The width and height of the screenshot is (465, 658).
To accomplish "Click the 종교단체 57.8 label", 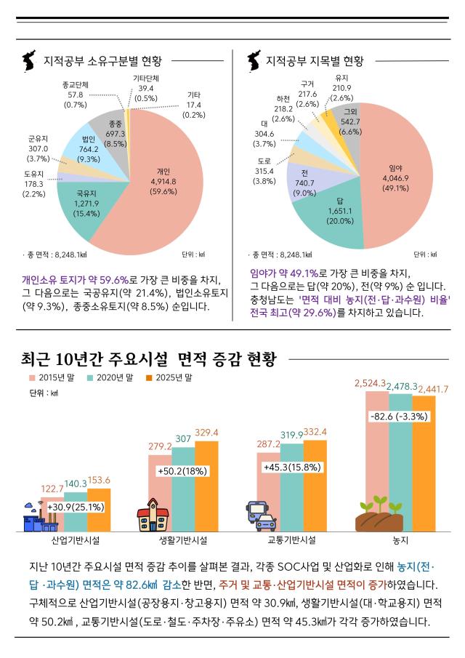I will [76, 95].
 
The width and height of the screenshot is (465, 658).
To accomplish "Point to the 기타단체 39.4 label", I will [146, 88].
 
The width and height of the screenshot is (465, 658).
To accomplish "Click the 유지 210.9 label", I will [341, 88].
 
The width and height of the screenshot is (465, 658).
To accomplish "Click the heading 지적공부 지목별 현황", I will [315, 60].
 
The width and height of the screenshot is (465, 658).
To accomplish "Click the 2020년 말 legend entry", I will [110, 377].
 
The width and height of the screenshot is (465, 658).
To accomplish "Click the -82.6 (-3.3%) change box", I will [399, 417].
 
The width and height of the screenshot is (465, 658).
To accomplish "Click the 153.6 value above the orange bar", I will [98, 480].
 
